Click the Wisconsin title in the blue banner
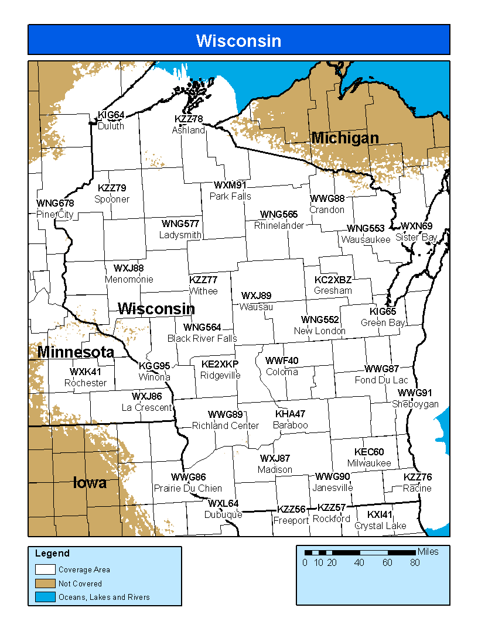tap(238, 40)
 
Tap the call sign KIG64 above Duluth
tap(111, 115)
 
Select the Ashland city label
tap(188, 130)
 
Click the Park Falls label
tap(230, 196)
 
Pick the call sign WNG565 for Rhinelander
tap(279, 215)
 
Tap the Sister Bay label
tap(416, 237)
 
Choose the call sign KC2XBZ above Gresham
tap(333, 280)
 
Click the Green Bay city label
tap(383, 322)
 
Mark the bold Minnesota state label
tap(76, 352)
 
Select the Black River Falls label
tap(202, 338)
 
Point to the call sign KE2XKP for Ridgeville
tap(220, 364)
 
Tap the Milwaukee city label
tap(369, 463)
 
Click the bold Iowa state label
tap(90, 483)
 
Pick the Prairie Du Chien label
tap(187, 488)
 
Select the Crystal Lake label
tap(380, 526)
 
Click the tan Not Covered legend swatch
tap(45, 583)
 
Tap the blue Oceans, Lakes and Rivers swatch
tap(45, 598)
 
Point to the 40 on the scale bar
tap(359, 563)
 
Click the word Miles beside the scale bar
tap(428, 551)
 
